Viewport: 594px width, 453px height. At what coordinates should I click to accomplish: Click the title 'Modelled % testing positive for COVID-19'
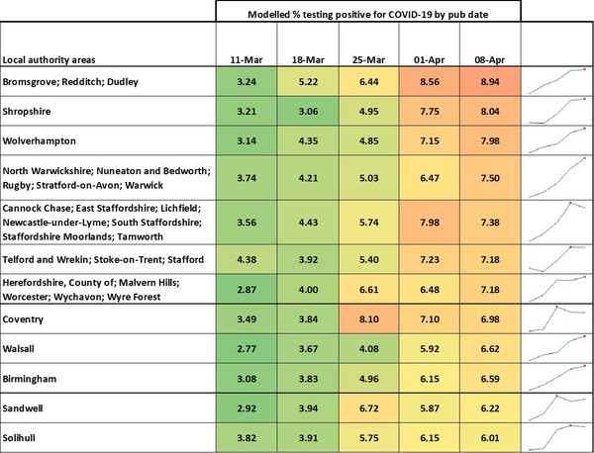tap(367, 16)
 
